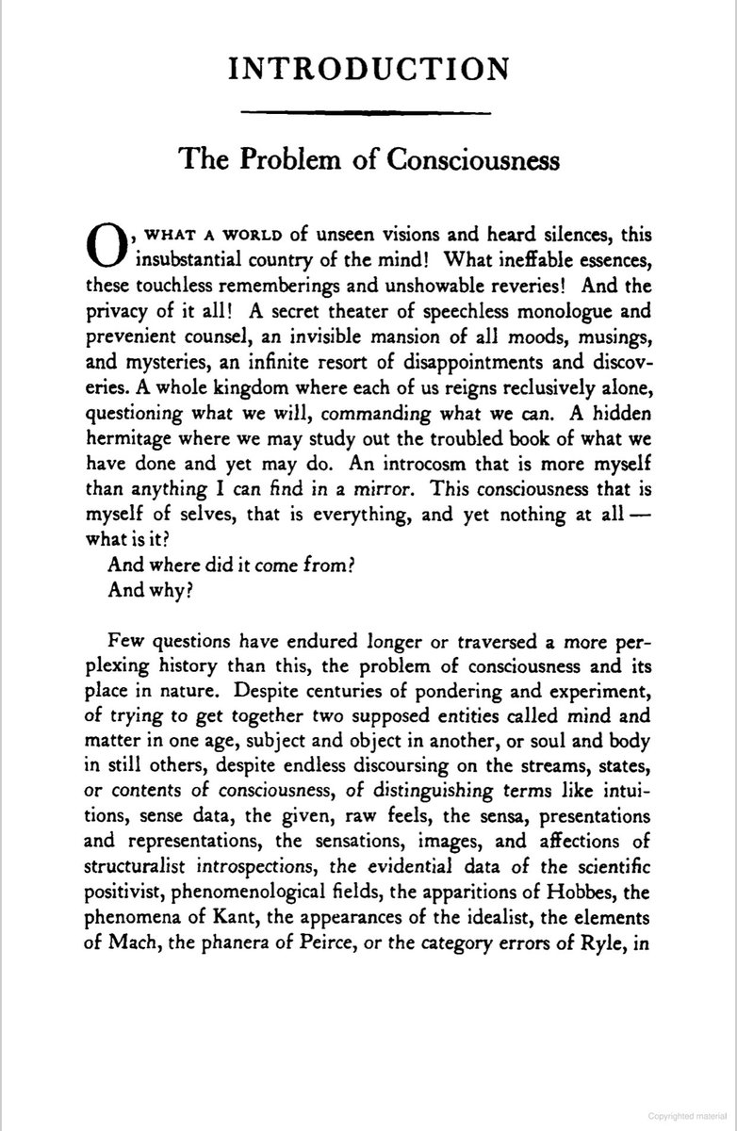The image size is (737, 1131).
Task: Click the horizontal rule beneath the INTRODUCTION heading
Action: [x=368, y=114]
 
